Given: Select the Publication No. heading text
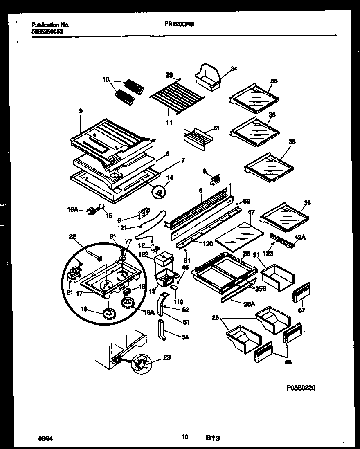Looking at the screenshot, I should tap(50, 25).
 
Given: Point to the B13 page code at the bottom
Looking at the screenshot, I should tap(213, 438).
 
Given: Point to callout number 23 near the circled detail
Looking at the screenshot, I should tap(166, 357).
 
